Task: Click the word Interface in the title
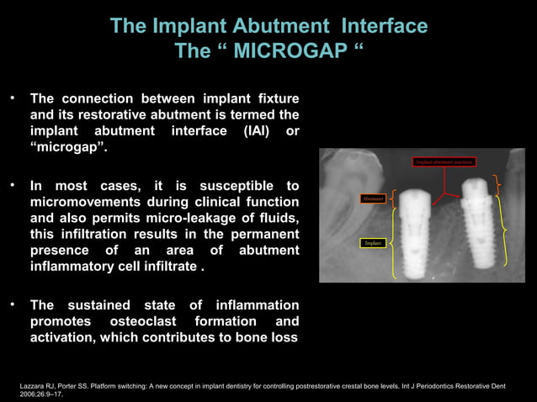coord(375,26)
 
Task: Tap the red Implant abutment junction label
coord(444,161)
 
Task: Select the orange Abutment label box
coord(373,198)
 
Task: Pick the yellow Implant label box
coord(374,243)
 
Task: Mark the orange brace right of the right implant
coord(499,187)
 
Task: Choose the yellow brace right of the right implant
coord(503,234)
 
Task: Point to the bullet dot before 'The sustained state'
coord(13,304)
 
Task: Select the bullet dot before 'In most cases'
coord(13,184)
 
